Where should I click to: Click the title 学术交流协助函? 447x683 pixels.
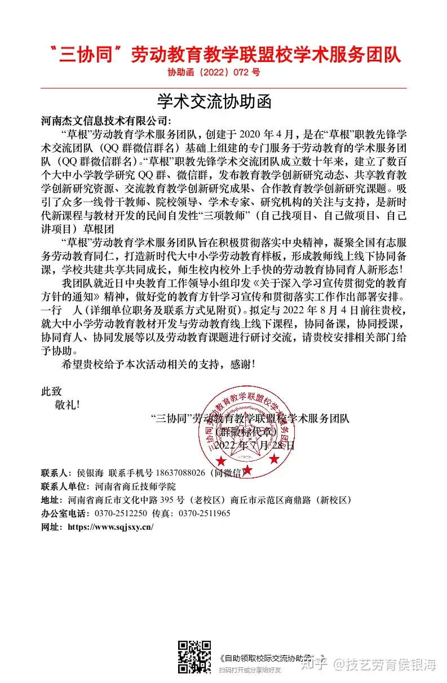tap(214, 101)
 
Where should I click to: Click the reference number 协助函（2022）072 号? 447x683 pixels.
tap(214, 73)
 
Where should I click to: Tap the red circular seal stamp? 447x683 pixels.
tap(245, 429)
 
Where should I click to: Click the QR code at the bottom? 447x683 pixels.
tap(194, 657)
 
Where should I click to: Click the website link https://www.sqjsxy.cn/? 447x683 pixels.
tap(110, 527)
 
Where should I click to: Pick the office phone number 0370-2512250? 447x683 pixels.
tap(121, 513)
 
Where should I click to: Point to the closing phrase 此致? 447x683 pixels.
tap(51, 391)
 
